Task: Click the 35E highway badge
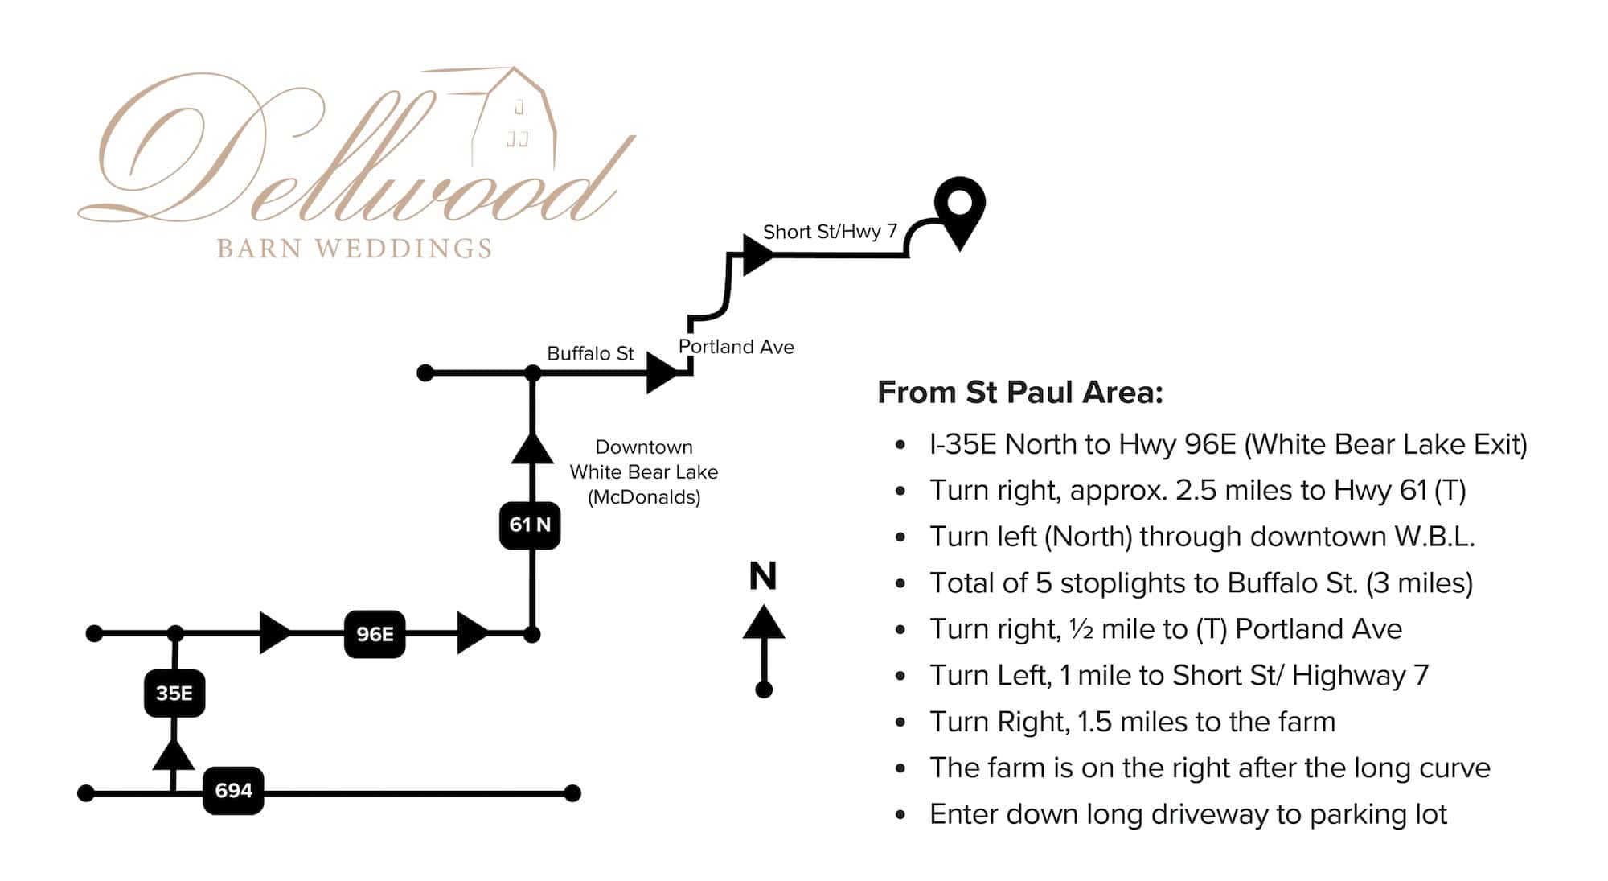tap(174, 693)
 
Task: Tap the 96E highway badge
tap(375, 634)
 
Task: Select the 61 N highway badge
tap(530, 525)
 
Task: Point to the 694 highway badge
tap(233, 791)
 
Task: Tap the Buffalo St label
tap(590, 353)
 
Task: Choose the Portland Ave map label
tap(736, 347)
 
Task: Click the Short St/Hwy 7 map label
tap(830, 232)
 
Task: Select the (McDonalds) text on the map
tap(644, 497)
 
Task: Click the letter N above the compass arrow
tap(763, 576)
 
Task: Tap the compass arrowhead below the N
tap(764, 622)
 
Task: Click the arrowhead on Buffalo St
tap(664, 373)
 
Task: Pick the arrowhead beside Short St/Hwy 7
tap(759, 255)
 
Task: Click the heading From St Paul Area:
tap(1020, 393)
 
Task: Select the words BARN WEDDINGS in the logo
tap(355, 249)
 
